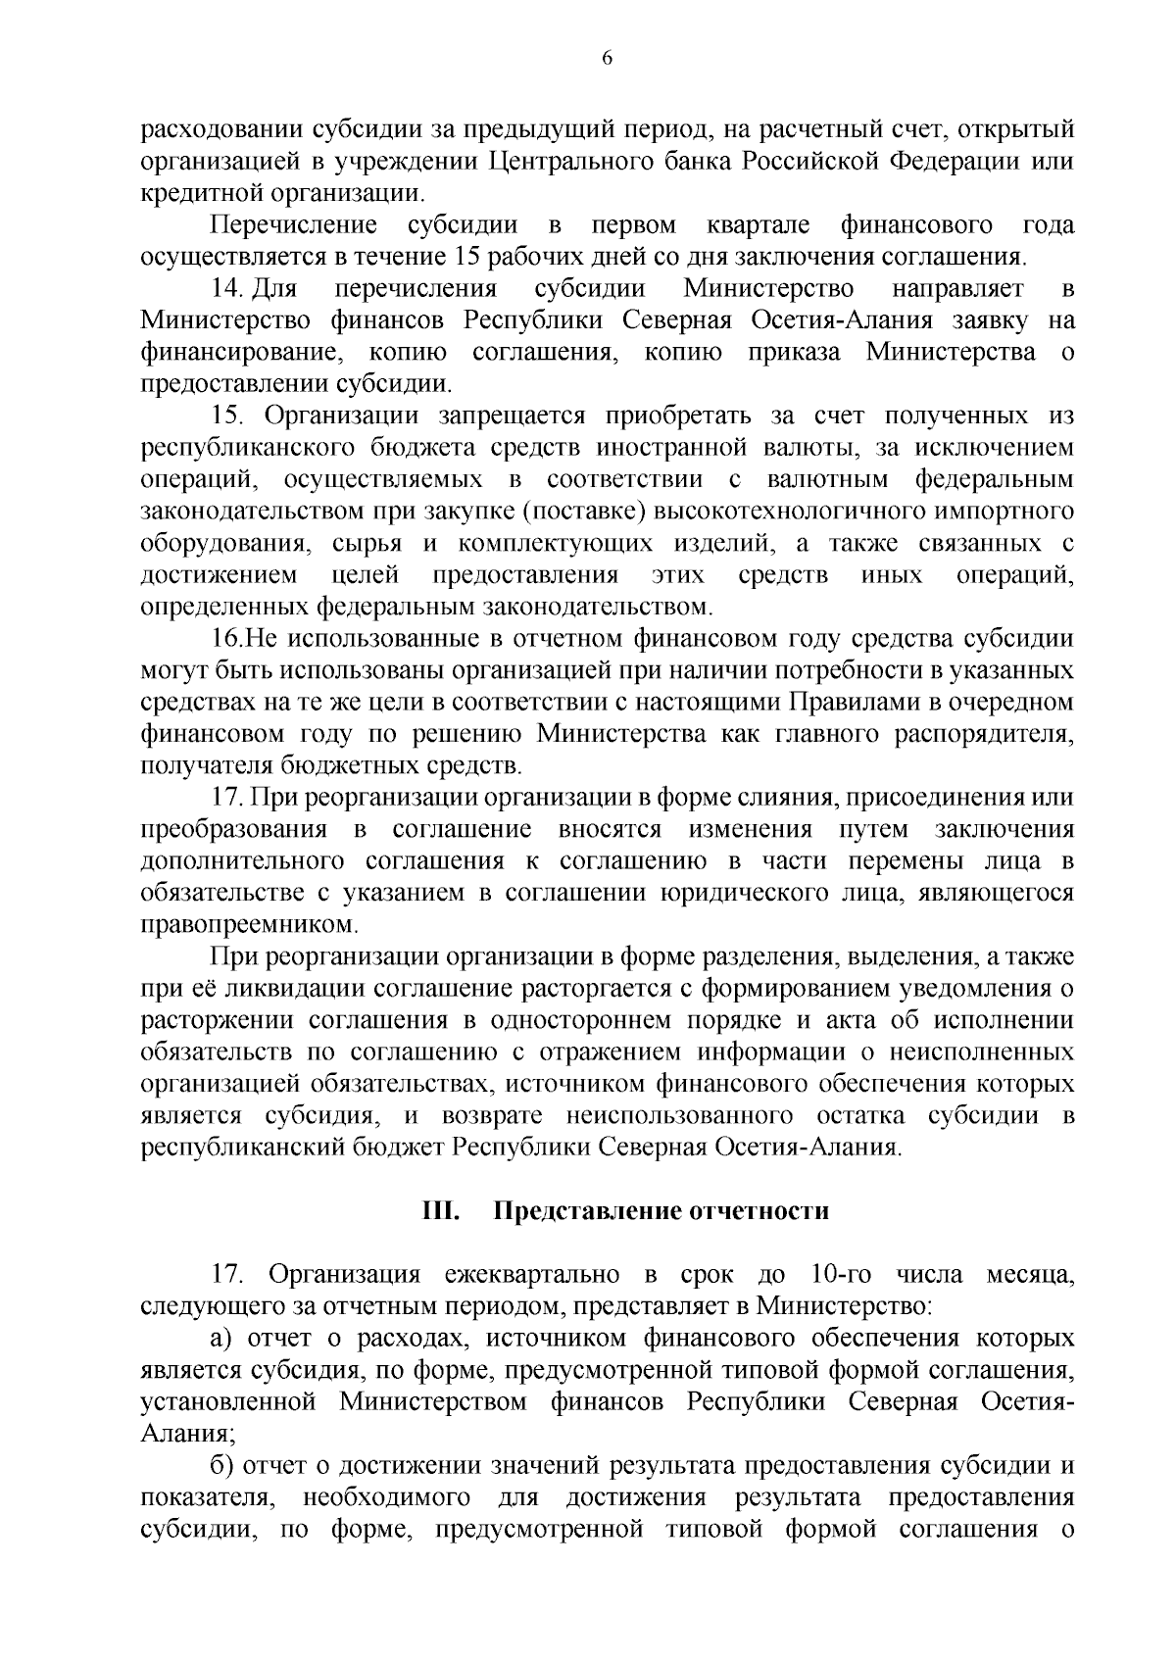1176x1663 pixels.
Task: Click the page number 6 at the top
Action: tap(606, 58)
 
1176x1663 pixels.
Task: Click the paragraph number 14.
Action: tap(227, 289)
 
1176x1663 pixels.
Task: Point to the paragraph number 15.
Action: tap(227, 416)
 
